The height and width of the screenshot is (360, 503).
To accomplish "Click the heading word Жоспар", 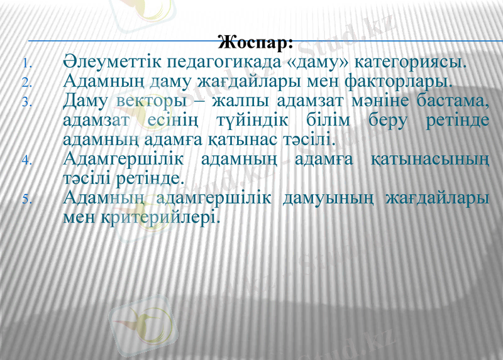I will pyautogui.click(x=255, y=44).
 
